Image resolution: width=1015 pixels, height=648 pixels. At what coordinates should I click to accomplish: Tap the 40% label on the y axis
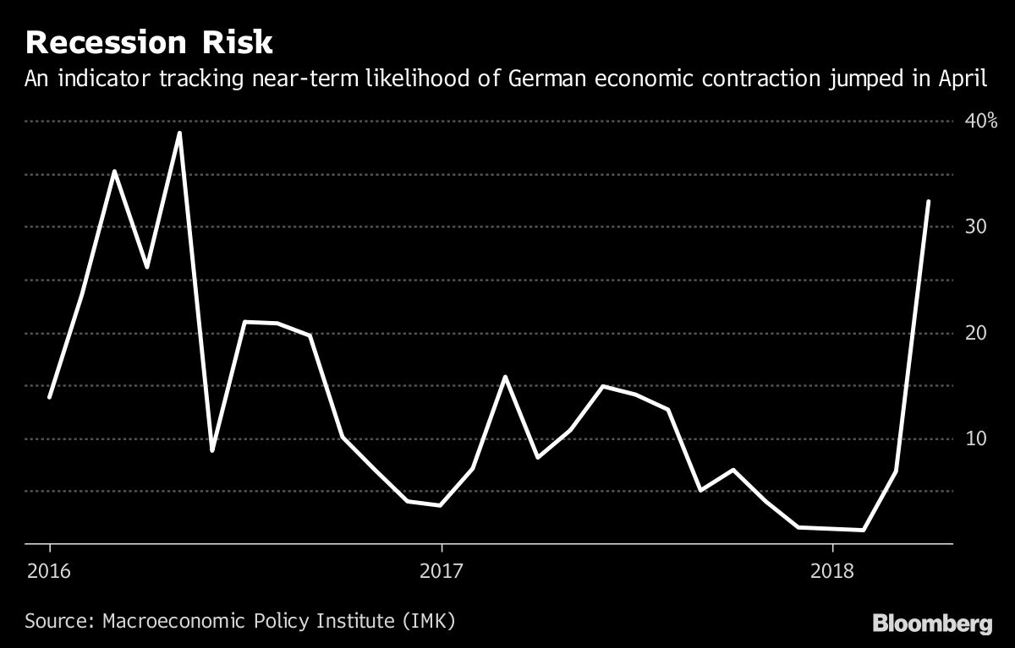coord(981,121)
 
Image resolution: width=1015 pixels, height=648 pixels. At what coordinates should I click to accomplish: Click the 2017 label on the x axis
coord(442,572)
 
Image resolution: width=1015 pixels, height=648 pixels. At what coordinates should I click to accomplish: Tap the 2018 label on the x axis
coord(833,572)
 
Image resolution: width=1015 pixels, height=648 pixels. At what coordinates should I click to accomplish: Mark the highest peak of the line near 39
coord(179,133)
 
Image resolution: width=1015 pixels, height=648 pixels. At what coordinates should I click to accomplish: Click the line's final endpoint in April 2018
coord(929,202)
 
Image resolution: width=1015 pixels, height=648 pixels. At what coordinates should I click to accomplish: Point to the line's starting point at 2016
coord(49,397)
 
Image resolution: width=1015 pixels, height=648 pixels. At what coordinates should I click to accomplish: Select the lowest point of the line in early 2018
coord(863,530)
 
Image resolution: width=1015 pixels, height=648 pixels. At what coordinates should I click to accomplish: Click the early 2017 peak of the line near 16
coord(505,377)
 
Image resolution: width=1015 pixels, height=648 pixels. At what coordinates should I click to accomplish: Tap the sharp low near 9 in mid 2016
coord(211,450)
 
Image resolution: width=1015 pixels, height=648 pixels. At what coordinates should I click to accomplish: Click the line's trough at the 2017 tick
coord(440,505)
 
